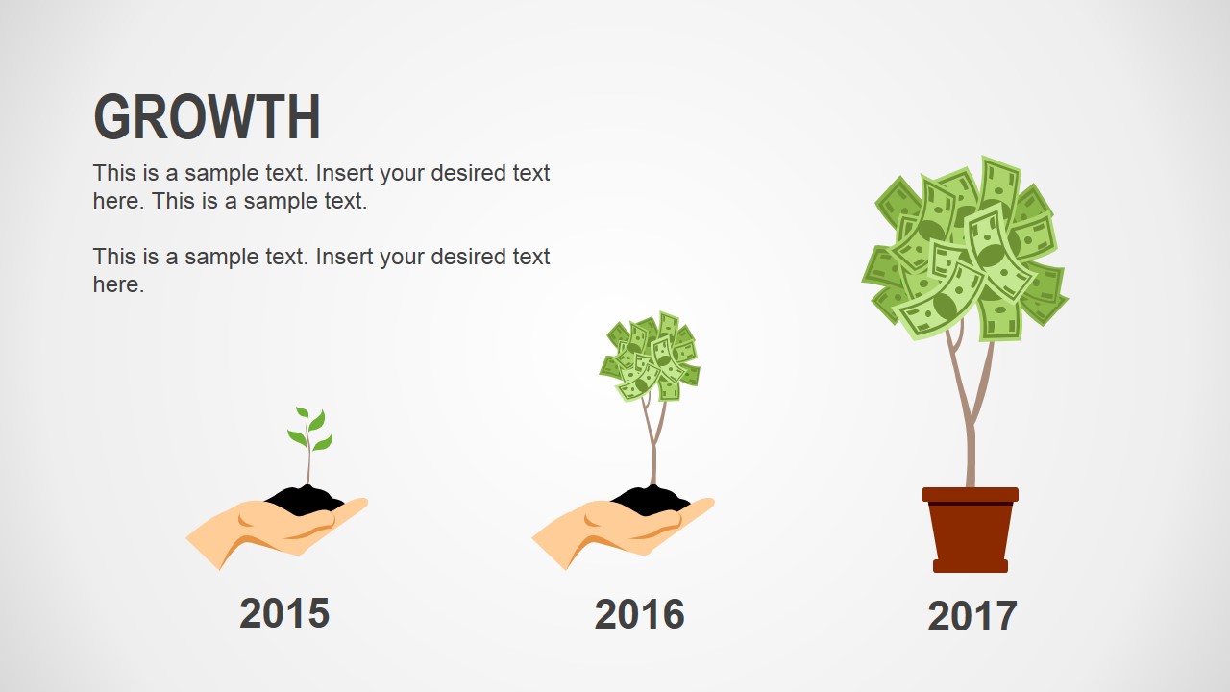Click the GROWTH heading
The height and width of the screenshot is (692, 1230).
pos(207,117)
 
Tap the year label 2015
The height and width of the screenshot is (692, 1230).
pos(284,613)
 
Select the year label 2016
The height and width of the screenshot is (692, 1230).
pos(639,614)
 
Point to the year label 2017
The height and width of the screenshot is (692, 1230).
pos(972,616)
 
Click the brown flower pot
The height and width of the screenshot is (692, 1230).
pos(971,531)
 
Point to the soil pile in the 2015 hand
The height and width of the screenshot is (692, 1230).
pos(306,499)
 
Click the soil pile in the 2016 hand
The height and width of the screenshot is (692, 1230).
pos(651,499)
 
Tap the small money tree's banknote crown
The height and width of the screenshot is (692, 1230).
pos(650,357)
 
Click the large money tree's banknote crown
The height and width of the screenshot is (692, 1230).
pos(965,250)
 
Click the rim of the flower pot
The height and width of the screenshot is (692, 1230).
pos(971,494)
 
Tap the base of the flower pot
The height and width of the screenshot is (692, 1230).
pos(971,566)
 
